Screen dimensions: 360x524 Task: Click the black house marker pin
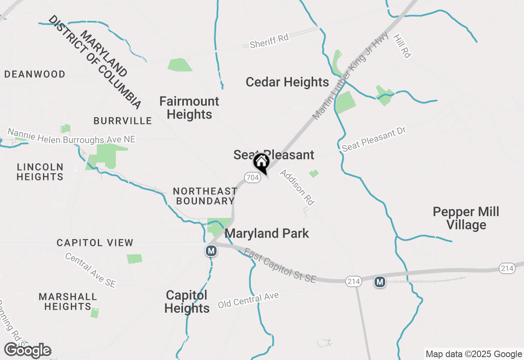pos(261,163)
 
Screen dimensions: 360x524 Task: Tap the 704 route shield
pos(253,178)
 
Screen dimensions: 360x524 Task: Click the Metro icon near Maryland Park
pos(211,250)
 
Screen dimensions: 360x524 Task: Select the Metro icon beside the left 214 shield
pos(380,281)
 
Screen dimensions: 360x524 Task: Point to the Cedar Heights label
pos(287,82)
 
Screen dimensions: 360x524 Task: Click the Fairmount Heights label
pos(189,108)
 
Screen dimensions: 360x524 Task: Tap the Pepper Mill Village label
pos(466,218)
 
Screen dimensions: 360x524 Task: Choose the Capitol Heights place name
pos(187,301)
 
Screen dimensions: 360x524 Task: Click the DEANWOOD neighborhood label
pos(35,74)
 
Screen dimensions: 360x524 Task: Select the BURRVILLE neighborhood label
pos(122,121)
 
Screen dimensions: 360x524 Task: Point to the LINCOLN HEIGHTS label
pos(40,172)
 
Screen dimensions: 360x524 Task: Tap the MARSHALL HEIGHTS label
pos(68,301)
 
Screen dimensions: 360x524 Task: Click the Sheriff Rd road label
pos(269,40)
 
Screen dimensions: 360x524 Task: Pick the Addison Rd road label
pos(297,187)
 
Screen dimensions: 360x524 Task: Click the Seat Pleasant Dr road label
pos(374,139)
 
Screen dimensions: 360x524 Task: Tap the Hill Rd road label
pos(402,46)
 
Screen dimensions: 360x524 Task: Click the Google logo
pos(28,351)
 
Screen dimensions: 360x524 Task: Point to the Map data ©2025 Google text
pos(473,354)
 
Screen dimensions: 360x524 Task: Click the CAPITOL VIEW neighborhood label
pos(95,243)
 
